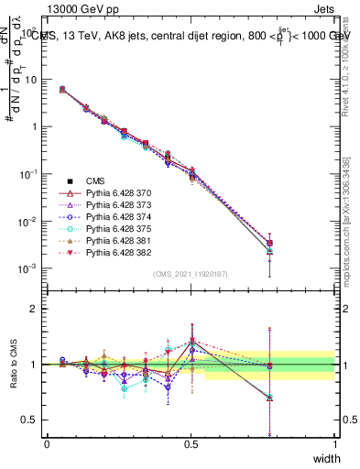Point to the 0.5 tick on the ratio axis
pyautogui.click(x=28, y=420)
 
